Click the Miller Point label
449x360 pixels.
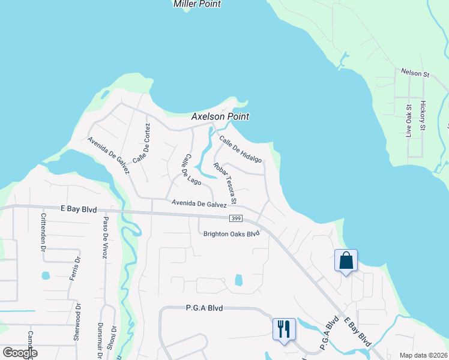[x=197, y=4]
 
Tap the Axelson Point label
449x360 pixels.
[x=220, y=117]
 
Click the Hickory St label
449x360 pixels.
[x=423, y=116]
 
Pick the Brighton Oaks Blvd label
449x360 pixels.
[x=232, y=234]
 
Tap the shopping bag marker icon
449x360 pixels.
[x=346, y=261]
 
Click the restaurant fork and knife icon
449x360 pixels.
[x=284, y=329]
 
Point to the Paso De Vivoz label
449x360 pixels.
[x=104, y=237]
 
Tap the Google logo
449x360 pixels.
[x=20, y=353]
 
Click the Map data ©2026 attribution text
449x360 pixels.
[x=423, y=355]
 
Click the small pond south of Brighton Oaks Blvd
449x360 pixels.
[x=239, y=280]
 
